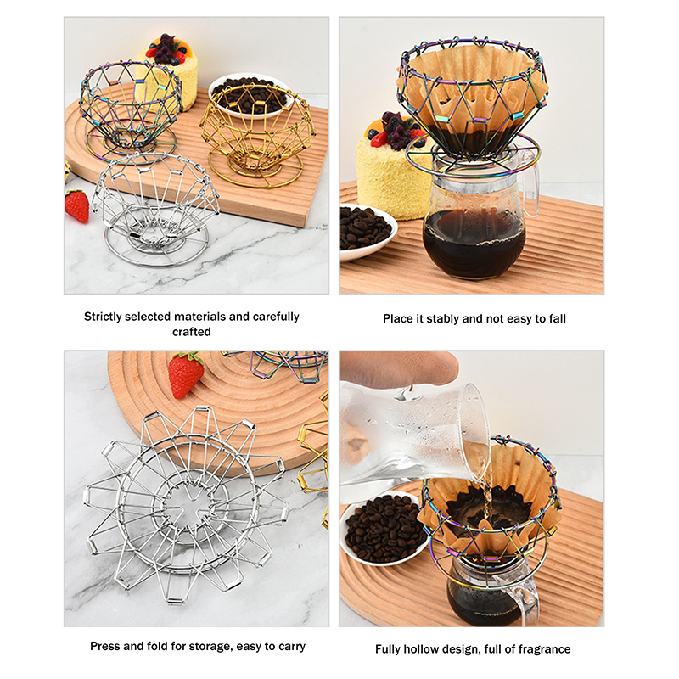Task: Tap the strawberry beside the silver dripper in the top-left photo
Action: click(76, 205)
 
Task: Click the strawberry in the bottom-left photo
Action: click(186, 375)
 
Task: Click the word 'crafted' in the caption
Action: click(192, 332)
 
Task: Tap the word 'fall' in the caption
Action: click(558, 319)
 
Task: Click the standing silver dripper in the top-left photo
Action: click(154, 209)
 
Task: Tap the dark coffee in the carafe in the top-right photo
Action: click(474, 244)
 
